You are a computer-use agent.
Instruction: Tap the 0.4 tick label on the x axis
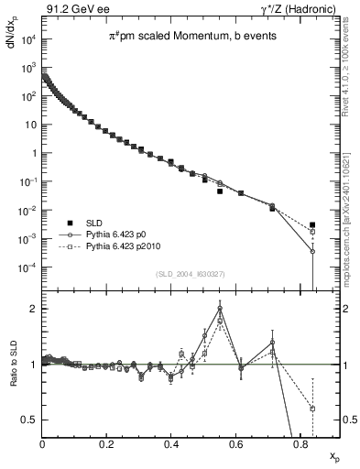pos(172,446)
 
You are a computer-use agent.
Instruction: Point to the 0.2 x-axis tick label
pos(108,446)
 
